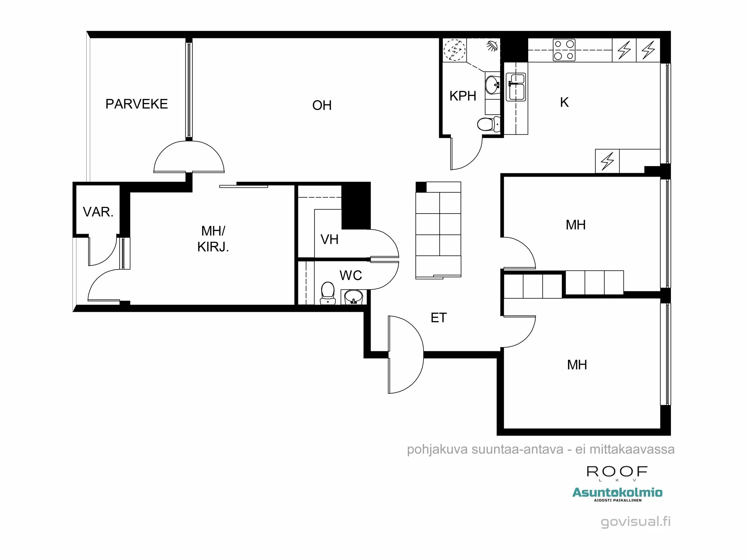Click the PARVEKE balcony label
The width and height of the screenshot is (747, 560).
click(137, 104)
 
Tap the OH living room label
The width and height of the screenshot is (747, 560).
click(322, 106)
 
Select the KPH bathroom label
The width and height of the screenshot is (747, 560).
click(463, 96)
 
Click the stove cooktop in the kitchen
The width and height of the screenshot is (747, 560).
click(564, 50)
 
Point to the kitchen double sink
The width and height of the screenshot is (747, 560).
click(516, 87)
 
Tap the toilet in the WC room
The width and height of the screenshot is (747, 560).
click(328, 292)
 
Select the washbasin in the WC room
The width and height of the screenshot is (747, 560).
click(353, 297)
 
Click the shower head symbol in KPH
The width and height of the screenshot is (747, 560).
click(492, 46)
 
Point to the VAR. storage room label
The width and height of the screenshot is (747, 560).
click(98, 212)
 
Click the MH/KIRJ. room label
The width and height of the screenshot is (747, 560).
click(213, 239)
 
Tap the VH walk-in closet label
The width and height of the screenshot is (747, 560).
click(329, 240)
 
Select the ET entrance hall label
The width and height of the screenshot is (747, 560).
click(438, 318)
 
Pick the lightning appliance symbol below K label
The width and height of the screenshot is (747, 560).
click(607, 161)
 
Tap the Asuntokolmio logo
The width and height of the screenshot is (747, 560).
click(617, 493)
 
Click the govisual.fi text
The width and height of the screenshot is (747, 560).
click(636, 521)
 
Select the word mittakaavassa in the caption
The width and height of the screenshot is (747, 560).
click(632, 449)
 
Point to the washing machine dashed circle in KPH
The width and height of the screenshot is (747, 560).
click(455, 50)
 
